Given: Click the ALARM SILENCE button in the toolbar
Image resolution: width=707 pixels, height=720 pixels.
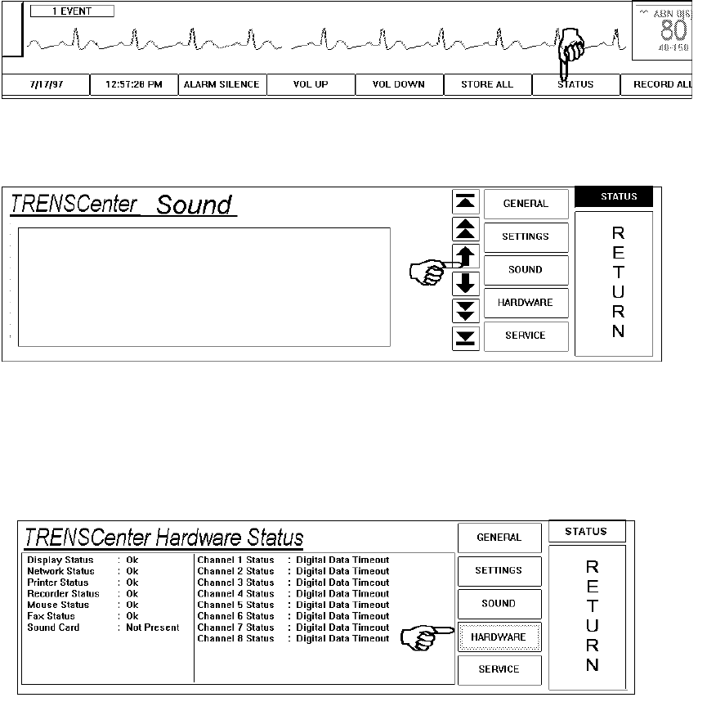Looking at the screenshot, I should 221,84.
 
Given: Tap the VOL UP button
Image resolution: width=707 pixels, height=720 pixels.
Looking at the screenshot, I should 310,84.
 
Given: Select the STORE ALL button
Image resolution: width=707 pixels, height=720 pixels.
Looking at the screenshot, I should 487,84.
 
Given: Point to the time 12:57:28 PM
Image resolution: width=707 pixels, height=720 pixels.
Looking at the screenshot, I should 133,84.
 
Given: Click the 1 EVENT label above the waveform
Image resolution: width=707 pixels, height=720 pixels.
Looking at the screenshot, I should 73,12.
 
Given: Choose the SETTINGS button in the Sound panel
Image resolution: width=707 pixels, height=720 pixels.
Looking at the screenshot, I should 526,236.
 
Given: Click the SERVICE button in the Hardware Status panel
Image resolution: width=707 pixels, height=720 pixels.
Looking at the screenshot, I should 499,669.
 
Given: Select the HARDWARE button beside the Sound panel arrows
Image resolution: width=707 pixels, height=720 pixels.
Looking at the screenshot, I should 526,303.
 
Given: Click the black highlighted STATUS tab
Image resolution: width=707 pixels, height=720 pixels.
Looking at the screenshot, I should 619,196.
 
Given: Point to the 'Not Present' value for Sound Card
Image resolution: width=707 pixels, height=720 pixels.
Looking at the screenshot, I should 153,628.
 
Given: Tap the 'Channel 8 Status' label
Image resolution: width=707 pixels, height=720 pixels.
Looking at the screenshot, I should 235,638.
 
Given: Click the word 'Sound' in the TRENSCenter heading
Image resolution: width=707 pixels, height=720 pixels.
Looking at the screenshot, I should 194,205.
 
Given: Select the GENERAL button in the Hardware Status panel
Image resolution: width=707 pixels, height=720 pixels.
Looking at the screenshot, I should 499,538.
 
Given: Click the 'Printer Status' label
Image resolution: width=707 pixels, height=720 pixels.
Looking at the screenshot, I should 57,583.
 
